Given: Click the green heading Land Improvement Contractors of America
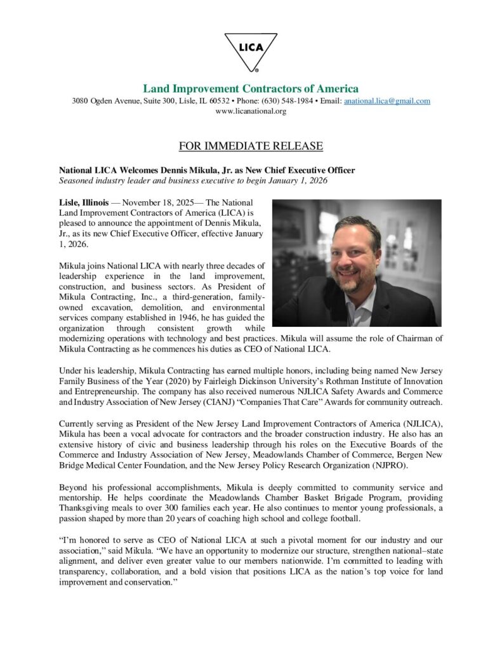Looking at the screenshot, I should click(x=251, y=88).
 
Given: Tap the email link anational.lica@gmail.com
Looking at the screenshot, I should click(x=386, y=101).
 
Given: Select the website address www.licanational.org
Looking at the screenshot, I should click(x=251, y=111).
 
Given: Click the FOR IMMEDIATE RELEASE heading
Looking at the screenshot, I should click(x=251, y=147).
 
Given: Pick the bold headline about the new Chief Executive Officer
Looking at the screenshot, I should click(x=207, y=170).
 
